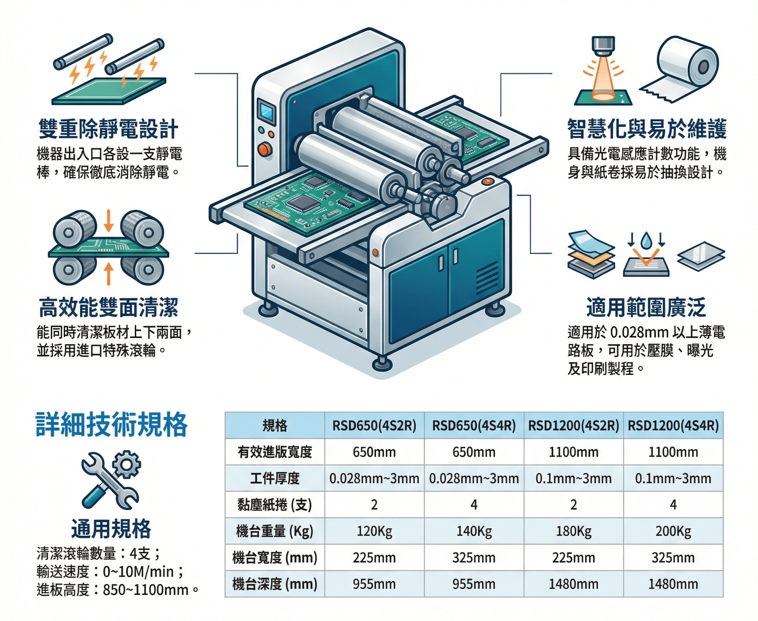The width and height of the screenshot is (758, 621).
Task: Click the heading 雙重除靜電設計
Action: [108, 129]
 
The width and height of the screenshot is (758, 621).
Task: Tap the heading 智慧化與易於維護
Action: [647, 129]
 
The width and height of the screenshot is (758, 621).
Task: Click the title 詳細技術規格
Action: [111, 425]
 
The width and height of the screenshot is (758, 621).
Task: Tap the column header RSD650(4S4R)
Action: [474, 426]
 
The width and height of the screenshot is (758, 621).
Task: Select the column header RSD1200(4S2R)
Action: [573, 426]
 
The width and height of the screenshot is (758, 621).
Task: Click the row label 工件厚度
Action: [275, 478]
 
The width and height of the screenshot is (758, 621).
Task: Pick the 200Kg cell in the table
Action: [673, 531]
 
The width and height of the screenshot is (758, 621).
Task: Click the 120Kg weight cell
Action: [374, 531]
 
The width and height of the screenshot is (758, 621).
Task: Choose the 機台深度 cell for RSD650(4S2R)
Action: [374, 584]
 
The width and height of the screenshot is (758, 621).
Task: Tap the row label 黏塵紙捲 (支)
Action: [275, 505]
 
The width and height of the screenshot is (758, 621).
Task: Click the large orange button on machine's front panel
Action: [265, 149]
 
